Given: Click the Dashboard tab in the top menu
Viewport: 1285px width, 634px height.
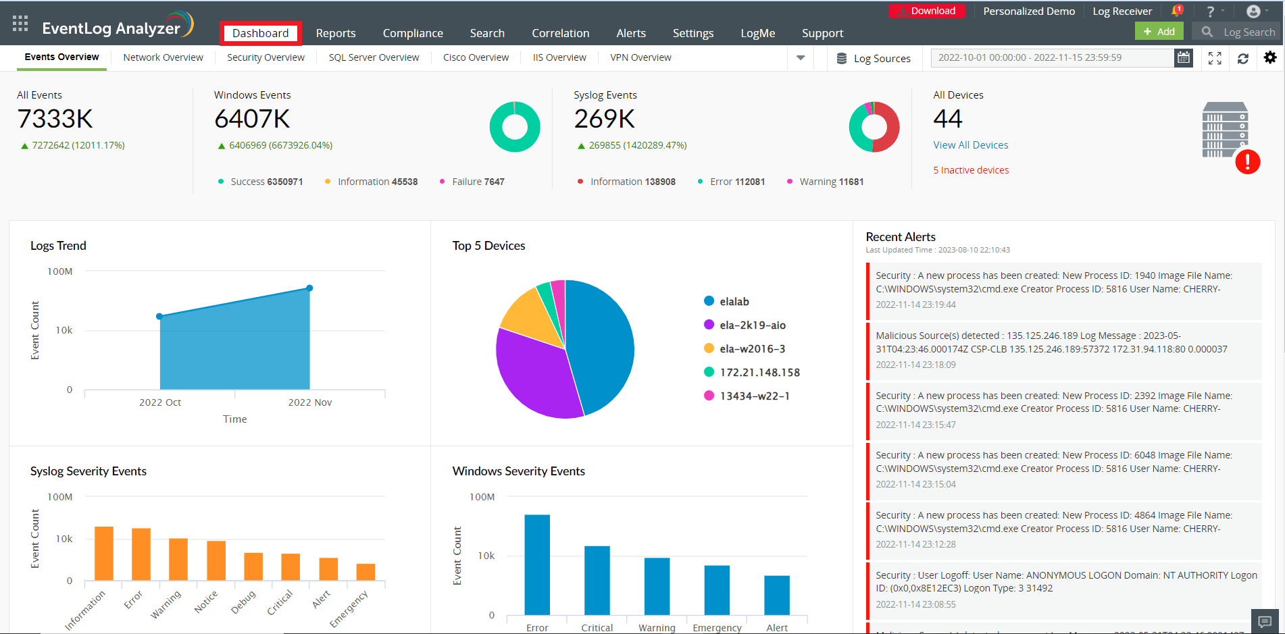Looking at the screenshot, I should click(x=260, y=33).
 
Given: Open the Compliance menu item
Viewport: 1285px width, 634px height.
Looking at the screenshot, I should click(x=413, y=33).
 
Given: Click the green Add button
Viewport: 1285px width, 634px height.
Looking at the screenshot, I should click(x=1159, y=32).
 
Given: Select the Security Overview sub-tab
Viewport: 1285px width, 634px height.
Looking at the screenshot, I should click(x=266, y=57).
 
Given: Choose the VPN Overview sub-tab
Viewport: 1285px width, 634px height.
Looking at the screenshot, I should click(x=640, y=57).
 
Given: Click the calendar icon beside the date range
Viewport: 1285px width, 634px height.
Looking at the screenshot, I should click(x=1184, y=57).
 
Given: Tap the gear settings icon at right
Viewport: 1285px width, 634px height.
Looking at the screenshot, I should click(x=1270, y=57).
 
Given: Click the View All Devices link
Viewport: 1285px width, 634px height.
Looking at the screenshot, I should click(x=970, y=145).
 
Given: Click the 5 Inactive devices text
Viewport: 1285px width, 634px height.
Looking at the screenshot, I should click(x=970, y=170).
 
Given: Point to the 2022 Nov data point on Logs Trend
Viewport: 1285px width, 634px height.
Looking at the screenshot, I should click(x=309, y=288).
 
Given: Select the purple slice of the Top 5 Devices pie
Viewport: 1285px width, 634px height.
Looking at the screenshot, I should click(x=534, y=371).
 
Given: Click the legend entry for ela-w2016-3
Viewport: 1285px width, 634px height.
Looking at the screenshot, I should click(x=752, y=349).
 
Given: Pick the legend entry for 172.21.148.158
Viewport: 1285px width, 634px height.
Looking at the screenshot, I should click(x=759, y=373).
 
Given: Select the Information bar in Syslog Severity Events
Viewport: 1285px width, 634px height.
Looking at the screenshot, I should click(x=104, y=554).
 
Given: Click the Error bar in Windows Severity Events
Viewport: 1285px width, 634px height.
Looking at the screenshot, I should click(x=537, y=564).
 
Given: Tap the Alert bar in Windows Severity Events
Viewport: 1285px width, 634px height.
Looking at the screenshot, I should click(x=777, y=595).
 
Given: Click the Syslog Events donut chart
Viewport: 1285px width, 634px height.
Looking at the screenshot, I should click(x=874, y=127).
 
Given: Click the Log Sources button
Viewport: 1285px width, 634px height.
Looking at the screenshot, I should click(x=874, y=59).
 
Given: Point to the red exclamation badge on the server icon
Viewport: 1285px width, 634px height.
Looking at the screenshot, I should click(x=1247, y=162).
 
